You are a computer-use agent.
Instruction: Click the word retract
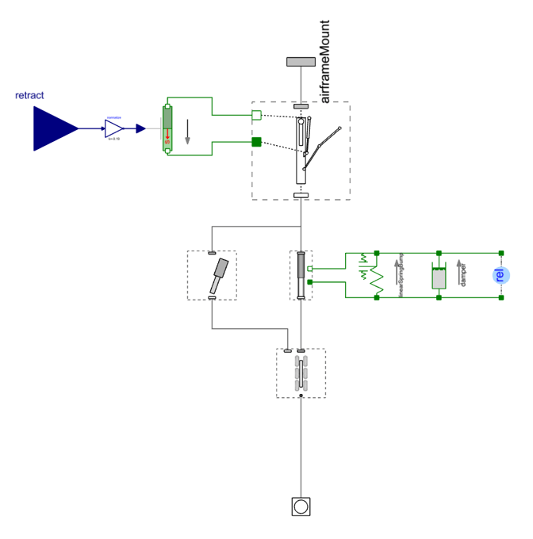(29, 96)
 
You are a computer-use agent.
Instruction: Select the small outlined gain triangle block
(114, 128)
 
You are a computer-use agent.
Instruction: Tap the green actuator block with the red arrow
(167, 128)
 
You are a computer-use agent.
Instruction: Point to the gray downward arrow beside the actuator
(188, 132)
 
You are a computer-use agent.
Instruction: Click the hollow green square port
(256, 115)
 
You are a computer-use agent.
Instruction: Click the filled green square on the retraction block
(256, 142)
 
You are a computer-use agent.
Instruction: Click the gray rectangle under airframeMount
(301, 62)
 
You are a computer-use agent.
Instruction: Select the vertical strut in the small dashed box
(301, 275)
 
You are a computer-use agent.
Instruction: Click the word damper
(464, 274)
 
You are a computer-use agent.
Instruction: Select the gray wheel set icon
(301, 373)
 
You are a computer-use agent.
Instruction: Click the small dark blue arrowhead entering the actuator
(140, 128)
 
